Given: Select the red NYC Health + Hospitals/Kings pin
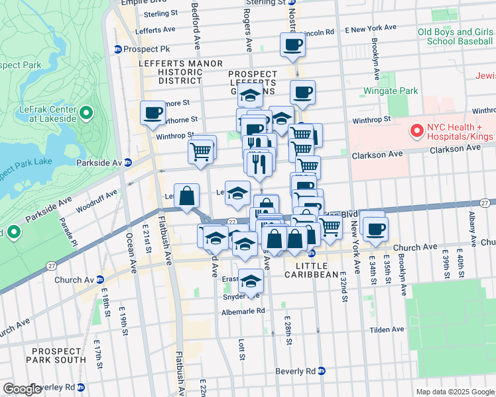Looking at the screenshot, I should pos(417,132).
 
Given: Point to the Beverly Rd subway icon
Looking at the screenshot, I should pos(321,371).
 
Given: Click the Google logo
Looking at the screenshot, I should pos(22,389).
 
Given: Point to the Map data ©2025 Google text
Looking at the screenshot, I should pos(455,392).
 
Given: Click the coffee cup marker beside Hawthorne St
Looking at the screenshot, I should pos(153,112).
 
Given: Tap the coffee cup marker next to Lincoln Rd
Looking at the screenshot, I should pos(292,45).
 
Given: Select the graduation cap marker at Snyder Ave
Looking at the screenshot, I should pos(250,283).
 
